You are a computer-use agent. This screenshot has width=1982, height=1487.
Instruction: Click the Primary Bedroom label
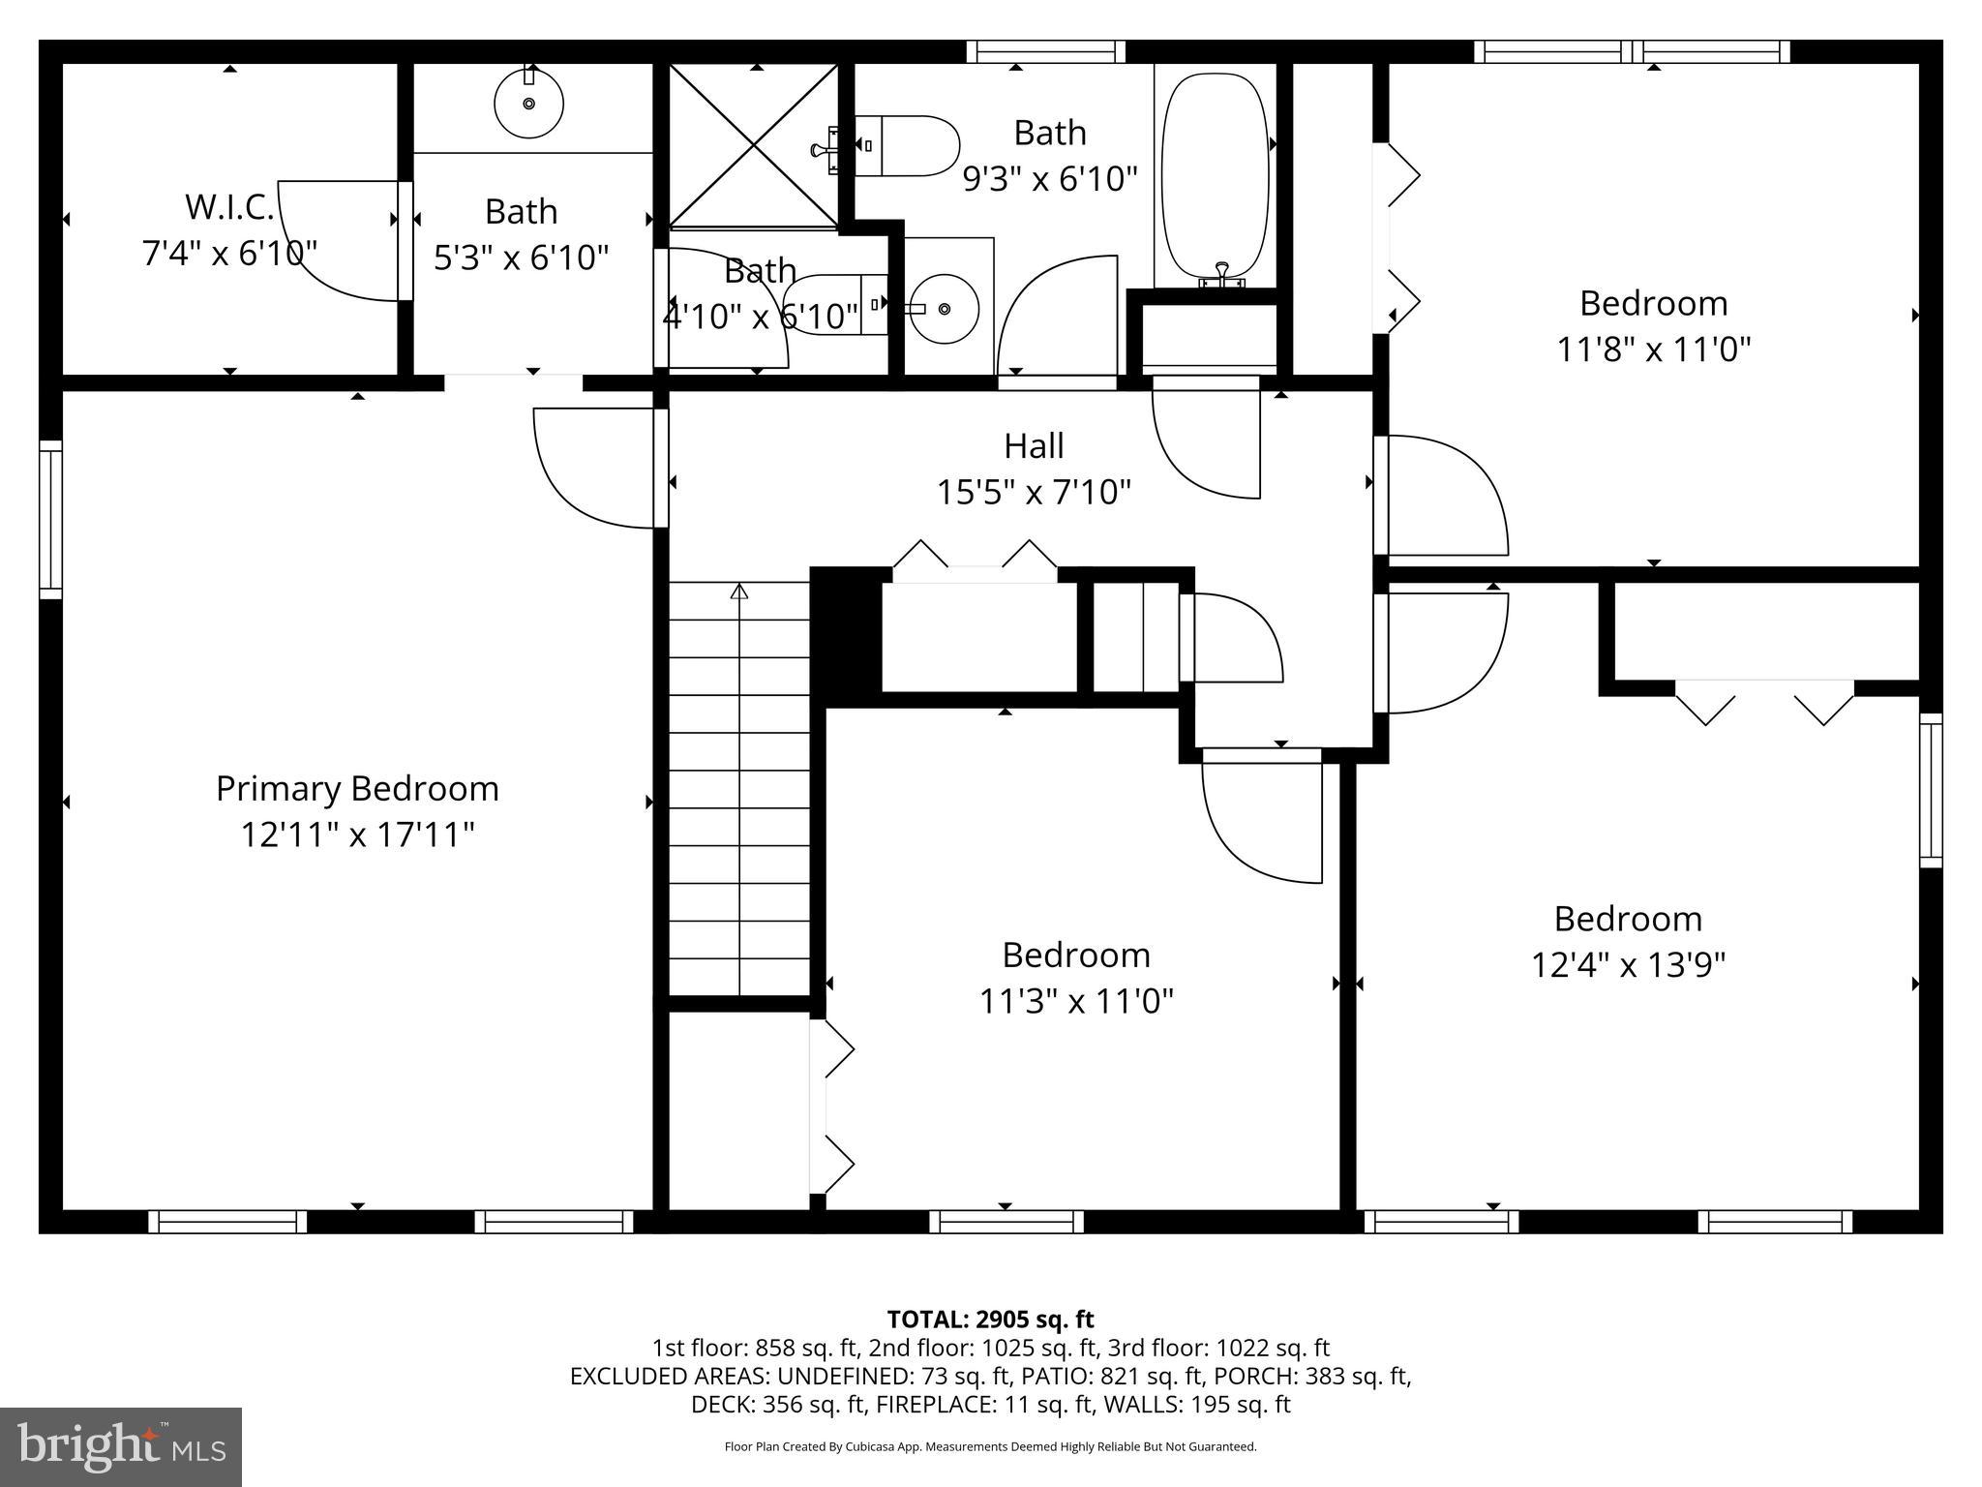(357, 788)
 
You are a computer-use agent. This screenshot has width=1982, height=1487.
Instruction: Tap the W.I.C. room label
(229, 206)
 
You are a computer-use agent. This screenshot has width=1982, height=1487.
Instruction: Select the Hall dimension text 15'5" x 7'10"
(1034, 493)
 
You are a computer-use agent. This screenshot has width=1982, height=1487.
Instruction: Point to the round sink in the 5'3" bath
(528, 104)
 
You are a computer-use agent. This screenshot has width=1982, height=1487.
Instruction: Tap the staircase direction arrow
(739, 592)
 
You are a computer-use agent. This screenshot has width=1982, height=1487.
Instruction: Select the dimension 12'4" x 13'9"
(1628, 965)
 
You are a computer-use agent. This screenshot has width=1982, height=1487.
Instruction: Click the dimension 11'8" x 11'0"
(1653, 349)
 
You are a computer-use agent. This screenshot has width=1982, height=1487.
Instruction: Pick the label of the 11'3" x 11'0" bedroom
(1076, 956)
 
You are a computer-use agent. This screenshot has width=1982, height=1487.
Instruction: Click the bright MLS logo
(121, 1446)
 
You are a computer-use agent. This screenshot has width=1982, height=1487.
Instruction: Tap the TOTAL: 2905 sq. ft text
(990, 1320)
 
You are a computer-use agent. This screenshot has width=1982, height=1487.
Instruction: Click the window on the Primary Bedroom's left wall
(50, 520)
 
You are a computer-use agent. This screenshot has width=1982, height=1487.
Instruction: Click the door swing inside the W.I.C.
(339, 242)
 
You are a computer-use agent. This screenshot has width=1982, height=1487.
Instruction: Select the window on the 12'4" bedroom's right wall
(1930, 790)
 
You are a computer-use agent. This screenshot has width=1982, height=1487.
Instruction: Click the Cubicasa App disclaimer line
(990, 1447)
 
